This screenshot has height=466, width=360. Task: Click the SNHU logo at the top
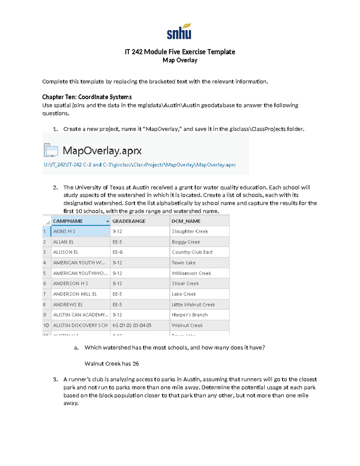click(179, 32)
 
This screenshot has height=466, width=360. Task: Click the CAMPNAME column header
click(68, 221)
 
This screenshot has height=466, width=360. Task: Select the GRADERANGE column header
click(129, 221)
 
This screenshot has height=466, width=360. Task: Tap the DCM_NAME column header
click(186, 221)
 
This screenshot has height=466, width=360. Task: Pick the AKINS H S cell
click(64, 231)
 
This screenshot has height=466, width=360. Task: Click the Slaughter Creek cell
click(190, 231)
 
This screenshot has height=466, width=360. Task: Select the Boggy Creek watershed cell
click(186, 242)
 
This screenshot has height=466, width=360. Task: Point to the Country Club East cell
click(192, 252)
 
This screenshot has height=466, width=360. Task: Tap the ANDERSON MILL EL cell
click(75, 294)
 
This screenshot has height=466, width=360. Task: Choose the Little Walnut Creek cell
click(193, 305)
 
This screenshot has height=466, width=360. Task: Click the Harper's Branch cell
click(190, 315)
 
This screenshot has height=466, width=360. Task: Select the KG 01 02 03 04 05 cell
click(132, 325)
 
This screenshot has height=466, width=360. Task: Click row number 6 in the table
click(45, 284)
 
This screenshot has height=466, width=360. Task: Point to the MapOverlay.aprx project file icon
click(51, 150)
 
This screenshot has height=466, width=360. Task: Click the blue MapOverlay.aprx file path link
click(140, 165)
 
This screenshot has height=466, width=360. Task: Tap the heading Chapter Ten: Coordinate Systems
click(87, 97)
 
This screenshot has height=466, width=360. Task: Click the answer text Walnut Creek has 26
click(112, 364)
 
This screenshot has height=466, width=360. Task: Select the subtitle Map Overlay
click(180, 60)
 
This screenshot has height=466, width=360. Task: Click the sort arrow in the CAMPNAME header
click(108, 221)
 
